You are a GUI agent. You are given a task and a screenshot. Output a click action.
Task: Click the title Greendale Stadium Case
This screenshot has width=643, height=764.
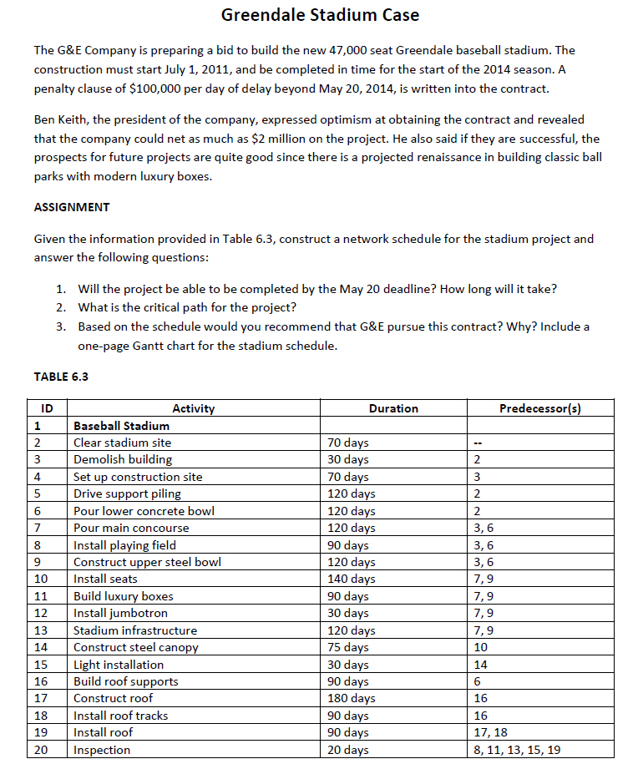click(x=321, y=15)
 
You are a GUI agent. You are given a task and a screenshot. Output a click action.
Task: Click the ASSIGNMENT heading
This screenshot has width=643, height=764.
click(x=71, y=207)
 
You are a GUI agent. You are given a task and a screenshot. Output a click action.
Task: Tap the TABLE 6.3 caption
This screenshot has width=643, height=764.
click(x=61, y=377)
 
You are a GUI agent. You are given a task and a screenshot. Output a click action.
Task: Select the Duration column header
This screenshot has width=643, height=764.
click(x=393, y=408)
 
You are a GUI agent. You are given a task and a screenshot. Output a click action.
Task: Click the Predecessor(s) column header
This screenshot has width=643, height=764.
click(x=539, y=408)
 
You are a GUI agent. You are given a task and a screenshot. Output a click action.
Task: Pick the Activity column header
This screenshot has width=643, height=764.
click(x=193, y=408)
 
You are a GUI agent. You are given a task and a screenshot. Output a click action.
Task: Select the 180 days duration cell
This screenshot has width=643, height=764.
click(x=348, y=698)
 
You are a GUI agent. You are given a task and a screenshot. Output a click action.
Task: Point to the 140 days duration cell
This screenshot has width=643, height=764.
click(x=348, y=579)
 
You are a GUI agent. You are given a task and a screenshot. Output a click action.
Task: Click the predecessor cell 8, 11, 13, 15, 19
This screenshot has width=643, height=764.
click(x=516, y=750)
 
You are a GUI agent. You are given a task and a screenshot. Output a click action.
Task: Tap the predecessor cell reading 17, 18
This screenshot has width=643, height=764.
click(x=489, y=732)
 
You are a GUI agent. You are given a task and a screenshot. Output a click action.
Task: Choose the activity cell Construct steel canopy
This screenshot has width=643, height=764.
click(x=136, y=647)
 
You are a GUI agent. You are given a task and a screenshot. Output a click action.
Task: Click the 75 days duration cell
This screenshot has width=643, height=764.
click(x=346, y=647)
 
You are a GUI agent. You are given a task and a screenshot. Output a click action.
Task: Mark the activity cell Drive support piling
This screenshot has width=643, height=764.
click(x=127, y=493)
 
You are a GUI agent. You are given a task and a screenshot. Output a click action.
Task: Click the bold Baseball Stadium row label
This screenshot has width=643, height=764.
click(x=121, y=426)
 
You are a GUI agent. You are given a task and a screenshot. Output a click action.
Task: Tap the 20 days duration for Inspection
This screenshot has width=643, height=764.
click(x=346, y=750)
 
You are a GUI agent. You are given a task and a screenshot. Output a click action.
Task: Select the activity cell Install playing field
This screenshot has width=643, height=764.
click(x=124, y=545)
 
